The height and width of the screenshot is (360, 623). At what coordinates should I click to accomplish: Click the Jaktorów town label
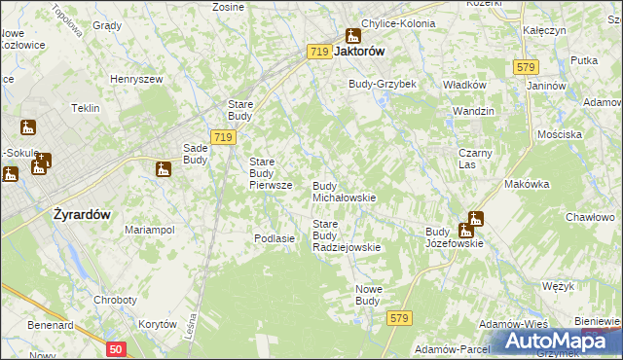[360, 53]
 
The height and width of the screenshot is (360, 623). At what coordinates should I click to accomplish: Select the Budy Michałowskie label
[344, 191]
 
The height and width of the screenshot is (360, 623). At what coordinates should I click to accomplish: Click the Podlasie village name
[274, 238]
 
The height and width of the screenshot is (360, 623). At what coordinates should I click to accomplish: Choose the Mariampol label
[149, 230]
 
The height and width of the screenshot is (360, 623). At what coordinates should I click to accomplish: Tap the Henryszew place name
[134, 78]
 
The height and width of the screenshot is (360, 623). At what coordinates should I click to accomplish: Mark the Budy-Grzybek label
[383, 85]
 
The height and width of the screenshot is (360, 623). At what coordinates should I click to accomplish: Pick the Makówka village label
[527, 184]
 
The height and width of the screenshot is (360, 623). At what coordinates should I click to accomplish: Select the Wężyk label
[560, 286]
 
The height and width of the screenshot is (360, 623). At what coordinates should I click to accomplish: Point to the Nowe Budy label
[367, 296]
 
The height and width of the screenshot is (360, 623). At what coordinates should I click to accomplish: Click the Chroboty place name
[115, 300]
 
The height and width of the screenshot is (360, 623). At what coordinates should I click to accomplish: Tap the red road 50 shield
[117, 347]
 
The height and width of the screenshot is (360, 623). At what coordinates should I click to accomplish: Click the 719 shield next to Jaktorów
[318, 52]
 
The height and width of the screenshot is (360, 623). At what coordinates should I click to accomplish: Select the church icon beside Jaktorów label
[352, 36]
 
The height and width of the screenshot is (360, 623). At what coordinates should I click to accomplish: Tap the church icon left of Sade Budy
[163, 169]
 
